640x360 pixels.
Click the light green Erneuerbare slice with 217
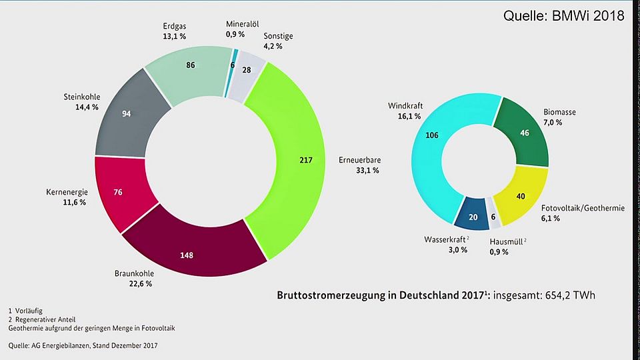(x=296, y=160)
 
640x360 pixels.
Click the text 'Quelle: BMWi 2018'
(x=563, y=15)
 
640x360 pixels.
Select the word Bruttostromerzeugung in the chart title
(x=326, y=295)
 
